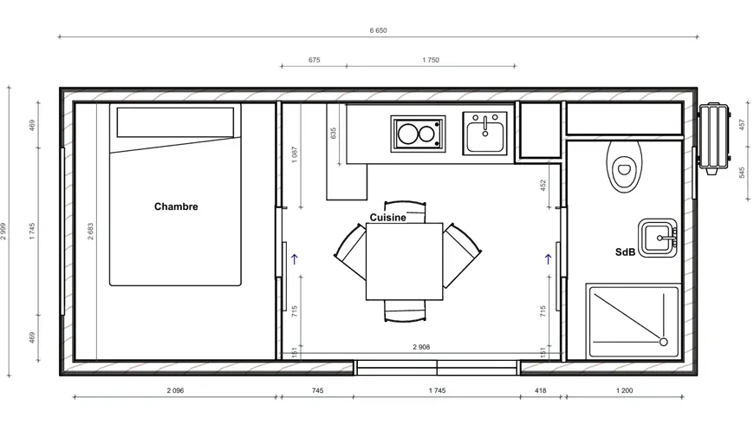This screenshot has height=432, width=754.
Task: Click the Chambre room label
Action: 176,206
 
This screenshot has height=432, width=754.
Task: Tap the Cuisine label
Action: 387,218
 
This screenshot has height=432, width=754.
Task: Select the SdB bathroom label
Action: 625,252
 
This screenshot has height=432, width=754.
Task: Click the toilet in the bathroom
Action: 624,166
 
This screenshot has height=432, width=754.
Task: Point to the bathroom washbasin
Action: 658,238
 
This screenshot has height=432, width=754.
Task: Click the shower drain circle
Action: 663,342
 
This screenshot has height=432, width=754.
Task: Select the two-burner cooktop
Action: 418,134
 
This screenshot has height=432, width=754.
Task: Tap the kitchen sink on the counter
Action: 484,134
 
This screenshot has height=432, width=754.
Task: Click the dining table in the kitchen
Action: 405,261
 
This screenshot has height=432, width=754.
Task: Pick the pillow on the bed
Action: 175,122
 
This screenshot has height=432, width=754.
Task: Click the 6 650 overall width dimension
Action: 378,30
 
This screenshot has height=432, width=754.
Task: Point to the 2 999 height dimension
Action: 3,232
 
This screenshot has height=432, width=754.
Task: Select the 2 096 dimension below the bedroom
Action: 176,390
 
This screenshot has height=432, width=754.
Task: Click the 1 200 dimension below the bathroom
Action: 624,390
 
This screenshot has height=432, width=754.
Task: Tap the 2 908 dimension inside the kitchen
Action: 421,347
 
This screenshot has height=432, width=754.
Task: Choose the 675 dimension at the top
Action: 314,60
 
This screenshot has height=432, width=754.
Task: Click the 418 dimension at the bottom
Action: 541,390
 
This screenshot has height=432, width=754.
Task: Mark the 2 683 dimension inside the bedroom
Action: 91,232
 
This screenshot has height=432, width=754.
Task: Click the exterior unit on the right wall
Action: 715,139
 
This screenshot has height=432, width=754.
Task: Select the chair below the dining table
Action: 405,311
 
